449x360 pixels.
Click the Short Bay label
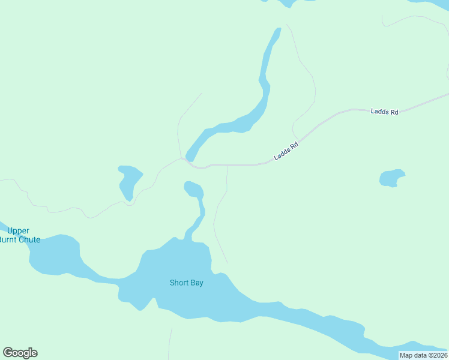[x=186, y=283]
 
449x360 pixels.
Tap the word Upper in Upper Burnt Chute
[x=18, y=231]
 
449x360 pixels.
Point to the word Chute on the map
[x=29, y=240]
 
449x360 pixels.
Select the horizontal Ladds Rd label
[x=384, y=112]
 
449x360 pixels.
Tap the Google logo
[x=20, y=353]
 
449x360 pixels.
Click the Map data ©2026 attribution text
[x=423, y=355]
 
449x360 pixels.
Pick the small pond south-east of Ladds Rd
[x=391, y=178]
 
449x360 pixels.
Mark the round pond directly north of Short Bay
[x=193, y=190]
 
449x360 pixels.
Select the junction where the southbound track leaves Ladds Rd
[x=228, y=165]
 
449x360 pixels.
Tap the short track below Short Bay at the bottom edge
[x=170, y=343]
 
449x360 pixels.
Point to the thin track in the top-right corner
[x=414, y=18]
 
